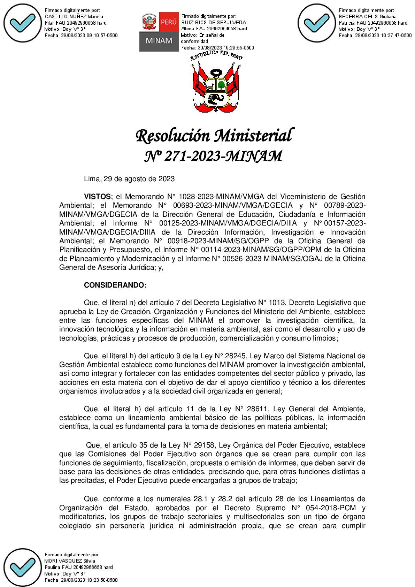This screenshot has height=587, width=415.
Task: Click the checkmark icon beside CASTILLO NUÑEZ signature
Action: [23, 23]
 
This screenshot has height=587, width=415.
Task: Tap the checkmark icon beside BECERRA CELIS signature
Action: [316, 23]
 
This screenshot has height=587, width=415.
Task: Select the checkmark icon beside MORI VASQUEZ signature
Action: [23, 567]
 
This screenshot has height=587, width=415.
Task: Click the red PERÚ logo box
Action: [169, 22]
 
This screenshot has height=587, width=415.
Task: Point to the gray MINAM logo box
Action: [159, 41]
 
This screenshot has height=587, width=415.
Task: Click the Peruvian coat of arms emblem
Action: [216, 84]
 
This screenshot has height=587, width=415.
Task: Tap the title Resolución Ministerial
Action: [215, 136]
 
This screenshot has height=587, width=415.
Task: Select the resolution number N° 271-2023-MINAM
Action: [213, 156]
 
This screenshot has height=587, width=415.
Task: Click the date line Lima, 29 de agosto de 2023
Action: [129, 179]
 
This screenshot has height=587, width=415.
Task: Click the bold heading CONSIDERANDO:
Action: [115, 285]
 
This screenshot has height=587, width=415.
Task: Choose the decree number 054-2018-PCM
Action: [331, 508]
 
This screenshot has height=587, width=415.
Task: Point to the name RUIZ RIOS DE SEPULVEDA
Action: [214, 22]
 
